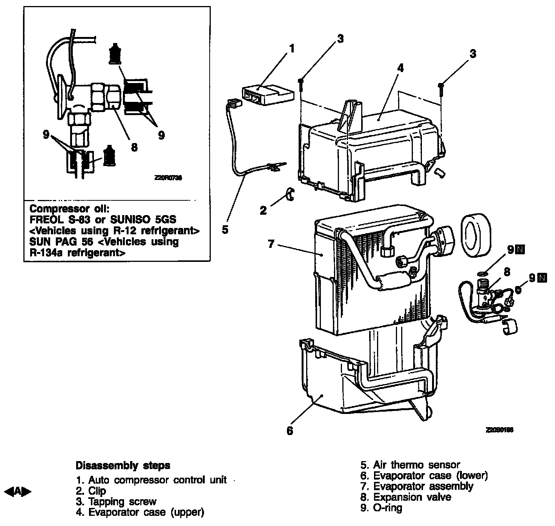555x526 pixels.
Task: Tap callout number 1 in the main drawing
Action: (x=291, y=49)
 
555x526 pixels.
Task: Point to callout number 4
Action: (x=400, y=68)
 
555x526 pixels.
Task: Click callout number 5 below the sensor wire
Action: (x=225, y=229)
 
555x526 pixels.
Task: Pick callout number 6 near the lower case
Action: (x=290, y=431)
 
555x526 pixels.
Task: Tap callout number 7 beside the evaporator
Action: (x=271, y=245)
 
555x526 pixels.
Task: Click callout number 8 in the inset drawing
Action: (x=134, y=146)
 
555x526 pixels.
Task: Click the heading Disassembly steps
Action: (x=123, y=465)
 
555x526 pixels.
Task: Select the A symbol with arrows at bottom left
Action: (x=18, y=491)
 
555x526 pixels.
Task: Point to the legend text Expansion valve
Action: (x=412, y=497)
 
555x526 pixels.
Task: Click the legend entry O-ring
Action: (x=388, y=508)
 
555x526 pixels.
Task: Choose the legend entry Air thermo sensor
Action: (x=416, y=465)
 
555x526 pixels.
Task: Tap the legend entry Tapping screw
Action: (x=122, y=501)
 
